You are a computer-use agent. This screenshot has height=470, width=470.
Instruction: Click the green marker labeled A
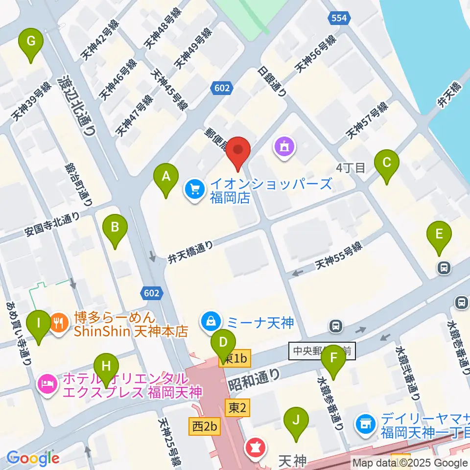(166, 179)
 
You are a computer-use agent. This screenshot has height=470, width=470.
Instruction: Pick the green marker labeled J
(296, 423)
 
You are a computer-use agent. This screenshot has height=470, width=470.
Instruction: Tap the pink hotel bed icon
(47, 380)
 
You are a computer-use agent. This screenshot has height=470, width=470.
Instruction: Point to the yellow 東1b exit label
(235, 359)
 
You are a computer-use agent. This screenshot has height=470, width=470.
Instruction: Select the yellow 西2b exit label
(204, 426)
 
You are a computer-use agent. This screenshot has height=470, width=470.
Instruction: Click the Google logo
(33, 458)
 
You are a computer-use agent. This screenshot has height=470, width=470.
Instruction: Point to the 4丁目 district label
(351, 168)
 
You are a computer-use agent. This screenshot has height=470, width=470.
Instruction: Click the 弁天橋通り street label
(191, 251)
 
